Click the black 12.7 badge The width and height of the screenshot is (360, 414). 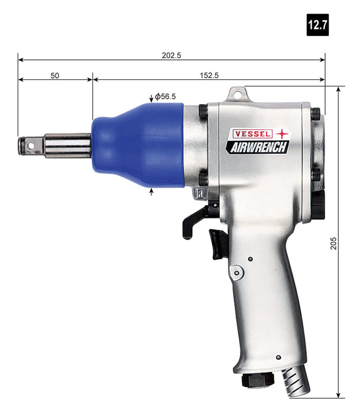[317, 26]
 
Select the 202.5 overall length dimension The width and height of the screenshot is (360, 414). [171, 55]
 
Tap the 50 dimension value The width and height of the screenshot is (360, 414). [55, 76]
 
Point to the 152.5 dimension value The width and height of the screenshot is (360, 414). [207, 76]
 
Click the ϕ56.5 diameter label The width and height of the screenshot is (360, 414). [167, 96]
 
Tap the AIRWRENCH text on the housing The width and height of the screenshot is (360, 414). [257, 147]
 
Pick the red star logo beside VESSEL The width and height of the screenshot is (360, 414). [281, 134]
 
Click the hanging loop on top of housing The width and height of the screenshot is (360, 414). [238, 94]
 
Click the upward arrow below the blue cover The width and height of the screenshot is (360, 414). [153, 192]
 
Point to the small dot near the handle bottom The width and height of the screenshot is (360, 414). [278, 357]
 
